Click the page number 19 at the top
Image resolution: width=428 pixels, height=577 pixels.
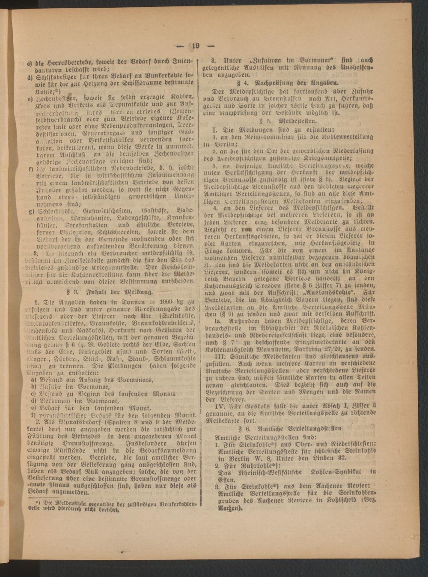pyautogui.click(x=196, y=47)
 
